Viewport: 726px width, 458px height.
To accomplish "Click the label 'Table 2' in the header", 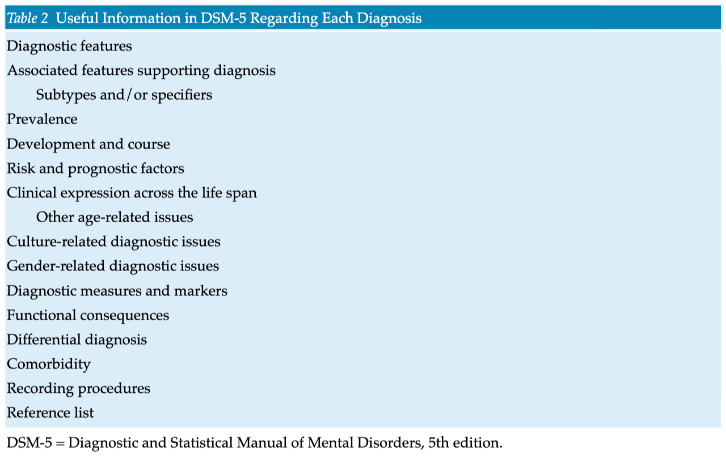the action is [28, 18].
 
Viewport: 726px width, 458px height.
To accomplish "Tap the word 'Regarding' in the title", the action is [284, 19].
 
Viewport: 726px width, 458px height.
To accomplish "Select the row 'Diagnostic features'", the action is [69, 46].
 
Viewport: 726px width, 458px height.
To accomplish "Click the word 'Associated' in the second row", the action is [43, 70].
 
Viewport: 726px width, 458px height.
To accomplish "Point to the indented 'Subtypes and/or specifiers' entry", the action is [124, 95].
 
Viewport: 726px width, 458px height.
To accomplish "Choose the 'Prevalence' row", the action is [42, 119].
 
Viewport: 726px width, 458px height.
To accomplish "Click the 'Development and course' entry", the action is [88, 144].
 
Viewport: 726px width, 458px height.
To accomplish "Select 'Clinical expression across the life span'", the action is [132, 193].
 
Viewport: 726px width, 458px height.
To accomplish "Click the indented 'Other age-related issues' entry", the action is [115, 217].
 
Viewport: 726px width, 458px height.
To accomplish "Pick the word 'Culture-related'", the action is [57, 241].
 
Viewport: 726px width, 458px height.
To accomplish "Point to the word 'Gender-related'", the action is [56, 266].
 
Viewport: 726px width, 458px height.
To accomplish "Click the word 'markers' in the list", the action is [201, 291].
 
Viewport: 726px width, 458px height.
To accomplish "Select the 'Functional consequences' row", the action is [88, 316].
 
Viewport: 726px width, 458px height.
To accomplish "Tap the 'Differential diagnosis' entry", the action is [77, 340].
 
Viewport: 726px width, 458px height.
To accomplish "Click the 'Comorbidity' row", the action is [49, 364].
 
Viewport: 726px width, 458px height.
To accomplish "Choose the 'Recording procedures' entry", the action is [78, 388].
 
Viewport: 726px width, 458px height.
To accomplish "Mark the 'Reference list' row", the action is [50, 413].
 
